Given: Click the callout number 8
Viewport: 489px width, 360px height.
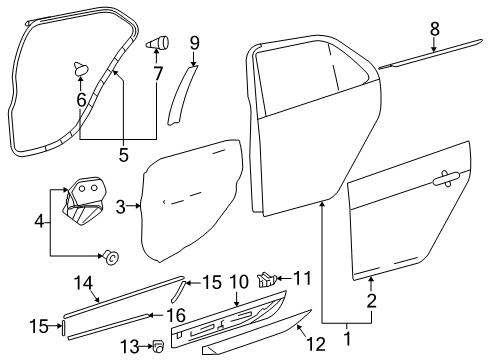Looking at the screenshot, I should coord(434,29).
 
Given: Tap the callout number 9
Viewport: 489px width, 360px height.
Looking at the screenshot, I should coord(195,43).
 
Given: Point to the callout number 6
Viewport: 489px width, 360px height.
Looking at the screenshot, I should coord(80,100).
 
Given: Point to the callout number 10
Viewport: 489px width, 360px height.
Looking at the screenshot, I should coord(238,283).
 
